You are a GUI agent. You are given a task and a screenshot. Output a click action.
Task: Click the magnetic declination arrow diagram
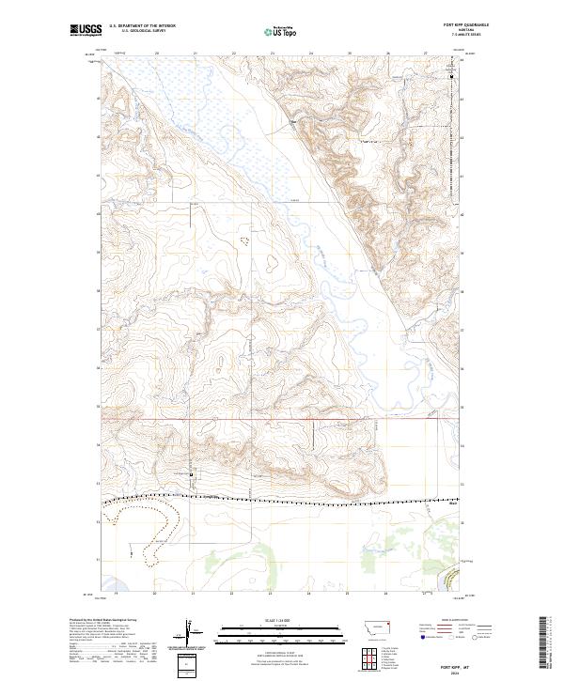click(x=190, y=631)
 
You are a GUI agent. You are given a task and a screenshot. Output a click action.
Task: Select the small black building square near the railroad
click(x=192, y=476)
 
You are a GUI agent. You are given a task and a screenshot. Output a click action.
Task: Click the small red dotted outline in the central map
click(x=246, y=240)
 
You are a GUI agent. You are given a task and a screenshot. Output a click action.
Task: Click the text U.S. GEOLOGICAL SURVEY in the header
click(x=141, y=32)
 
